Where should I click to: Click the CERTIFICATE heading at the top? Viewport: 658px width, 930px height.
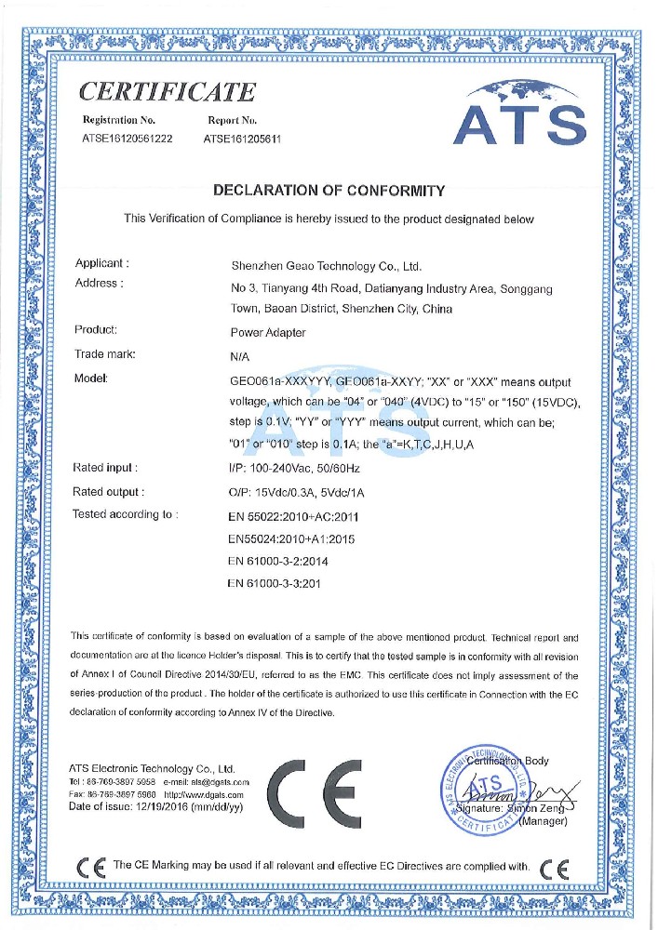[x=168, y=91]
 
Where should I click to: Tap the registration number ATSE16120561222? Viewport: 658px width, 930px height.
[x=128, y=138]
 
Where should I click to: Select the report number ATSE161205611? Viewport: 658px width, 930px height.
[x=242, y=138]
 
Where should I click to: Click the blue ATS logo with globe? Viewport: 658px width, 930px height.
[x=518, y=113]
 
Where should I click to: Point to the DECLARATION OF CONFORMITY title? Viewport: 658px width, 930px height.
[x=329, y=191]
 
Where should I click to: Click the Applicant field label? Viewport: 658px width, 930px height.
[x=101, y=264]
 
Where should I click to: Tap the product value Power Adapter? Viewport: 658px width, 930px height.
[x=267, y=332]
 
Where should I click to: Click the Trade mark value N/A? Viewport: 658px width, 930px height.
[x=238, y=355]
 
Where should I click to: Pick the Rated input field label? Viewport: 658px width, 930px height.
[x=105, y=467]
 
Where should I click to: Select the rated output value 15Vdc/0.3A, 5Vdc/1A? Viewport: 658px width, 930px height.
[x=301, y=491]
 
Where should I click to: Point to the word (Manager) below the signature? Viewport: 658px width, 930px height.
[x=542, y=821]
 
